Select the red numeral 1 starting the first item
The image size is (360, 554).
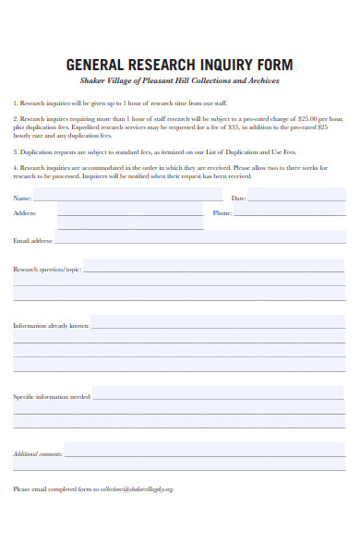tap(15, 103)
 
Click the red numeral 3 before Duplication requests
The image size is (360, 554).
tap(15, 151)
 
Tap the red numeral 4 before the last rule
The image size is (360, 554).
tap(15, 167)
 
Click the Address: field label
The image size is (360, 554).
tap(26, 213)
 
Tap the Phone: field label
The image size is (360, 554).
tap(222, 213)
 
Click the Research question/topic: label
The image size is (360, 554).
tap(47, 270)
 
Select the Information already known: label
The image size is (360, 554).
tap(51, 326)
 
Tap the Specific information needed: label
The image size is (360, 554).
tap(52, 396)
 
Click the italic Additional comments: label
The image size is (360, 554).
tap(38, 454)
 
